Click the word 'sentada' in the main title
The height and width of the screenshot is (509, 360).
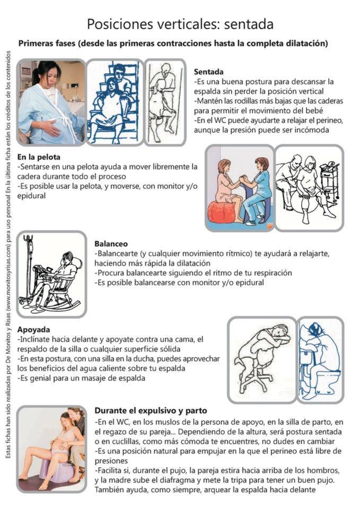pos(249,24)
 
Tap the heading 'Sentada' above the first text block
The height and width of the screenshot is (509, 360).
pos(208,72)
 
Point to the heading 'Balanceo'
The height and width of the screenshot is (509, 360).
pos(111,244)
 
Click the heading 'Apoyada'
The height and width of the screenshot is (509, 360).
pos(33,329)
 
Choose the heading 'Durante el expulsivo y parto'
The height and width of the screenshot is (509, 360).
pos(151,410)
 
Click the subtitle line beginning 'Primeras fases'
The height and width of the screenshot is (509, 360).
pos(173,43)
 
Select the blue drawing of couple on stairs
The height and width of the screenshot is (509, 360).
pos(115,102)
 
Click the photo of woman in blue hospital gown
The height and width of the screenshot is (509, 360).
pos(51,102)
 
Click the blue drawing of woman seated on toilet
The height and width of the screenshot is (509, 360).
pos(320,359)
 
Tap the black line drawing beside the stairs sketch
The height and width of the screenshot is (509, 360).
pos(165,102)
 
